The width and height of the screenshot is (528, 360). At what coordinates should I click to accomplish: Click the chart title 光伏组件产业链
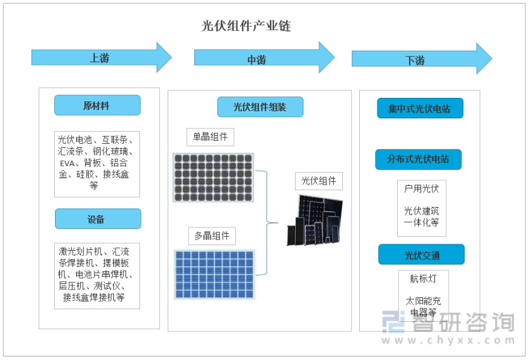(x=246, y=26)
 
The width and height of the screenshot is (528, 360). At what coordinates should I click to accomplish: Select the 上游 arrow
(x=101, y=57)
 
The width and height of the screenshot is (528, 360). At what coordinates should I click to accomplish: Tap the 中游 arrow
(x=264, y=57)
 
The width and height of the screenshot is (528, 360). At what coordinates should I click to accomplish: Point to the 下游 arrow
(x=422, y=58)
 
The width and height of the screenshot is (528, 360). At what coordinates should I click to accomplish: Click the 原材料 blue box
(x=97, y=105)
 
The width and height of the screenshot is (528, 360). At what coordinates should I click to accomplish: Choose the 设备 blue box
(x=98, y=219)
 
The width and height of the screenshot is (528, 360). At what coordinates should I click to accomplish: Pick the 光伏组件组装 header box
(x=260, y=107)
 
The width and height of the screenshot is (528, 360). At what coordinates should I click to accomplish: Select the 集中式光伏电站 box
(x=420, y=108)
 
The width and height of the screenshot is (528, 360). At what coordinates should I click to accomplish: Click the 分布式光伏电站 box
(x=418, y=159)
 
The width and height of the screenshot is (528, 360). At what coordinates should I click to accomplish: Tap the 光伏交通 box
(x=421, y=254)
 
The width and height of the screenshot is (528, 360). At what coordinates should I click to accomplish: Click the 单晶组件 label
(x=210, y=137)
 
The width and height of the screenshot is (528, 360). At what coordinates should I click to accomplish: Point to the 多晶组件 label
(x=212, y=236)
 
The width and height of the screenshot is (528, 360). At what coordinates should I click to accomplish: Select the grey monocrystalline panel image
(x=213, y=178)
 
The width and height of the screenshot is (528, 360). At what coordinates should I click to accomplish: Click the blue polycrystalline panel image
(x=214, y=274)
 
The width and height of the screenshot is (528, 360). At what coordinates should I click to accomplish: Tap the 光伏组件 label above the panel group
(x=318, y=181)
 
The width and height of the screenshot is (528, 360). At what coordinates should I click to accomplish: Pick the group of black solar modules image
(x=315, y=220)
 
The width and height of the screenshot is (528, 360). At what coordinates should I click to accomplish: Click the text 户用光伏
(x=422, y=189)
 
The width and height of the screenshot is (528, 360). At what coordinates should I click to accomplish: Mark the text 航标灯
(x=423, y=279)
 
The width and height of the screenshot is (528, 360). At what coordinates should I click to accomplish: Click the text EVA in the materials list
(x=68, y=163)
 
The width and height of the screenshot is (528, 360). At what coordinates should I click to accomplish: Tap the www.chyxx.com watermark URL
(x=448, y=340)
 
